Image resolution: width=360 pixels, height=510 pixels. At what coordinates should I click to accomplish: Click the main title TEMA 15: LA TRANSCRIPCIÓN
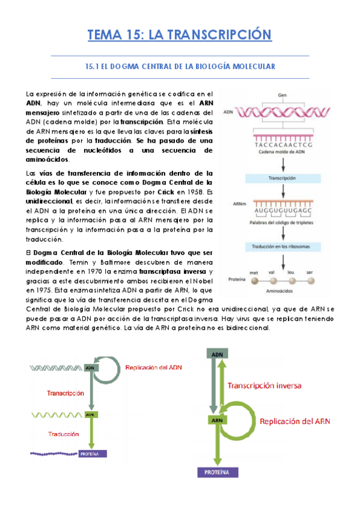coord(180,35)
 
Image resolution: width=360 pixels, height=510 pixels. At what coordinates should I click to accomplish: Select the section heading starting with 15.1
coord(180,67)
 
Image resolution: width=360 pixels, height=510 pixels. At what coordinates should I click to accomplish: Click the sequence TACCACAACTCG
coord(282,144)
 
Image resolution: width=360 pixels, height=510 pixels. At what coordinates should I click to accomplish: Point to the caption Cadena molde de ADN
coord(281,153)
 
